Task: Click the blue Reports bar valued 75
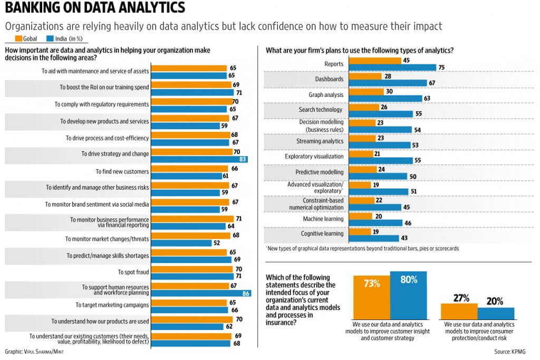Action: [393, 67]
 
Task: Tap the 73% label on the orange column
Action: [371, 284]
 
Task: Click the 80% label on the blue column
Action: [409, 280]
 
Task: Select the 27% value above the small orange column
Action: [459, 298]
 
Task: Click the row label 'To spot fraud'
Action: [133, 272]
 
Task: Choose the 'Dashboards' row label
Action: [330, 79]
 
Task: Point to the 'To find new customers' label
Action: [122, 172]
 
